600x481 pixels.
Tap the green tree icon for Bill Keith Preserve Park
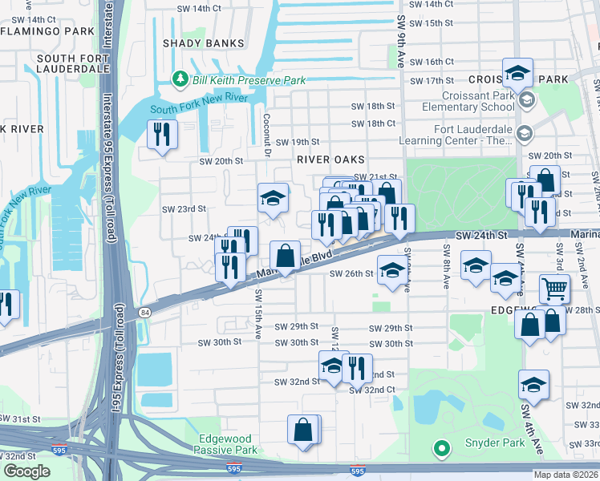click(180, 79)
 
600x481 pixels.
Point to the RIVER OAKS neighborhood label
click(330, 160)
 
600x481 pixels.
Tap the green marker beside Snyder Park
click(440, 447)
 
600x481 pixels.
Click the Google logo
click(26, 471)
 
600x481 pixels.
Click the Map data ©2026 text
click(565, 474)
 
